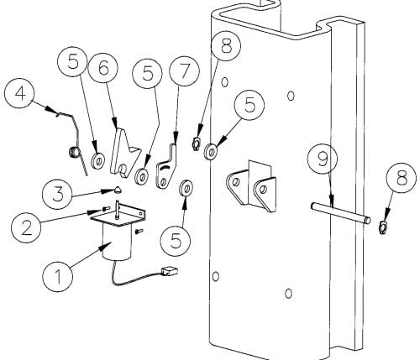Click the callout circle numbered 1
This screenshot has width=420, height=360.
58,277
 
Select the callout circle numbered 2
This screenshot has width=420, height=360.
26,228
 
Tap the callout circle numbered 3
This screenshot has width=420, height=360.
57,194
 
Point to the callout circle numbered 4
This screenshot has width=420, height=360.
19,94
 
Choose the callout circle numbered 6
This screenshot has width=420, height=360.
103,68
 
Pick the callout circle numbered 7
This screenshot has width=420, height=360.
185,71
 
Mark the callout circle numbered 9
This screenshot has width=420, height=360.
323,159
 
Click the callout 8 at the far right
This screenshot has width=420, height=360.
402,178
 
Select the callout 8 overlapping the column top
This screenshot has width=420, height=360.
226,46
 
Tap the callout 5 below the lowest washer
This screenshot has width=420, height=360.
176,241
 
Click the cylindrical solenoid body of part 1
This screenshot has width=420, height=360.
117,241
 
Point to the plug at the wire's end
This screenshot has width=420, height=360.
170,272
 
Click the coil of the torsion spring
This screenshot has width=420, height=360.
74,153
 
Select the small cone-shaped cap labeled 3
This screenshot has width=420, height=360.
118,190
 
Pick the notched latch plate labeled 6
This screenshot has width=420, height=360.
125,152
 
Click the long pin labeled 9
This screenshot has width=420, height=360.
341,212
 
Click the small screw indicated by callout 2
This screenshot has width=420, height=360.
105,209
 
